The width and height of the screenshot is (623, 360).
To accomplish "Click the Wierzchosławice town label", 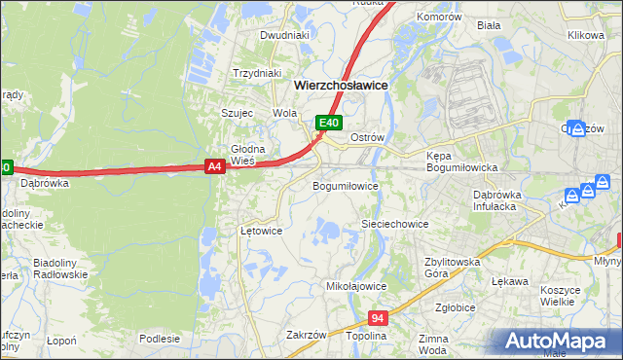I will click(341, 86).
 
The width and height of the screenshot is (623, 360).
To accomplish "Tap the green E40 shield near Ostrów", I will click(329, 123).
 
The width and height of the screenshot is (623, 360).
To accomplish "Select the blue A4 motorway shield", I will click(216, 167).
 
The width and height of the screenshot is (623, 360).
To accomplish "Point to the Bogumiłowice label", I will click(345, 186).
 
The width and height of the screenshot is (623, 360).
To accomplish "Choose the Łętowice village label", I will click(261, 232).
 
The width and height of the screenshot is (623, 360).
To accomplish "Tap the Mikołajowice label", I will click(356, 287).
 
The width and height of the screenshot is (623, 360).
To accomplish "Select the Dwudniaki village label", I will click(284, 35).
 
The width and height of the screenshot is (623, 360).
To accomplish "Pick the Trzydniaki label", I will click(257, 73).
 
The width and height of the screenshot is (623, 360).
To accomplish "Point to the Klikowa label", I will click(586, 35).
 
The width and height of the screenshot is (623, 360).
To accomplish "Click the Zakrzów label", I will click(306, 335).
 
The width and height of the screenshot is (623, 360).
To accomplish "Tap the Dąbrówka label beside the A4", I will click(45, 182).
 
